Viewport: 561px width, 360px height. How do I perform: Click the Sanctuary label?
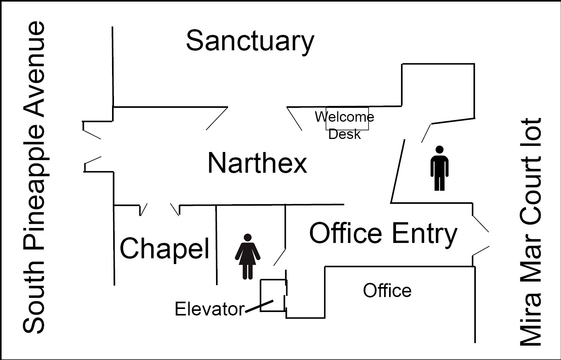point(250,41)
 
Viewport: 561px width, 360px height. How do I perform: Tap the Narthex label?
point(257,163)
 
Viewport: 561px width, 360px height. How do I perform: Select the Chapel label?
point(165,248)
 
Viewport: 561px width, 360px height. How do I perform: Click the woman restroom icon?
point(247,256)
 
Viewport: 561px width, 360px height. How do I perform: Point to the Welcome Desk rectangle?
point(347,119)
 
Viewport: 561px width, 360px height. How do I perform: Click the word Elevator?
point(209,309)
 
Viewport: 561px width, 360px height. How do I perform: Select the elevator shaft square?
point(273,295)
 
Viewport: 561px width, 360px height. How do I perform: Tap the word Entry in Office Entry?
point(424,233)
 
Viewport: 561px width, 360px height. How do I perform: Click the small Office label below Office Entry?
point(387,291)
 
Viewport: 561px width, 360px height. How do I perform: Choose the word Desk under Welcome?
point(345,134)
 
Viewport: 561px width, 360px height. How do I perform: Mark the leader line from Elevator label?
point(259,306)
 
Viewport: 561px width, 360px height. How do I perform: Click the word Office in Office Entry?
point(346,233)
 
